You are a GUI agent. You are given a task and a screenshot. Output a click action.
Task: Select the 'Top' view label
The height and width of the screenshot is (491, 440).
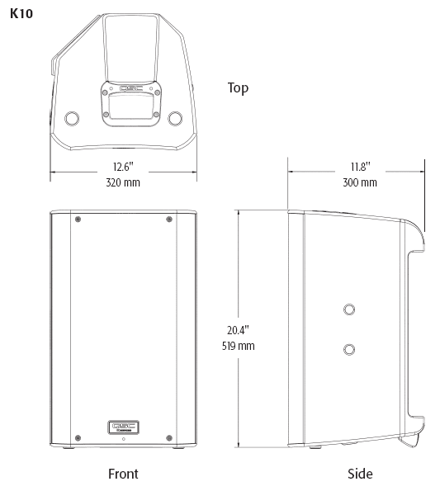(x=238, y=87)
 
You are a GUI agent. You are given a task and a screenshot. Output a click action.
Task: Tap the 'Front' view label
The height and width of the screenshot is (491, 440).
(x=123, y=474)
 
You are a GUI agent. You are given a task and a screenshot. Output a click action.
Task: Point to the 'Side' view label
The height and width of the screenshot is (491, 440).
(x=360, y=474)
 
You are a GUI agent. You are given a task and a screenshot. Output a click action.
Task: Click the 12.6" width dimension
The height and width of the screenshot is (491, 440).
(x=123, y=167)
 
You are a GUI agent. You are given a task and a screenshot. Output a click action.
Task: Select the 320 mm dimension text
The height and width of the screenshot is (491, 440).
(x=123, y=182)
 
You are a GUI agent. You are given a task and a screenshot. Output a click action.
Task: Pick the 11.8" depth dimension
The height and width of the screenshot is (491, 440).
(x=359, y=166)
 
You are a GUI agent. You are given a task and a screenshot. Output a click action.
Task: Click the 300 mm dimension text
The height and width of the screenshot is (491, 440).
(x=359, y=182)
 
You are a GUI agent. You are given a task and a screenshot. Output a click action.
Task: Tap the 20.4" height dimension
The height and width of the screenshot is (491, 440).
(x=238, y=329)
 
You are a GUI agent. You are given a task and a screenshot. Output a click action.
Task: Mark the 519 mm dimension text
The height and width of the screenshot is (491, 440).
(x=238, y=346)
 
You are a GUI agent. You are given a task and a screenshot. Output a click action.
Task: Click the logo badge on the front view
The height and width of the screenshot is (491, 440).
(x=123, y=426)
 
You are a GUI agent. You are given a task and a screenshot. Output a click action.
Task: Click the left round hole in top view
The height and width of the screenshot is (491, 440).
(x=72, y=118)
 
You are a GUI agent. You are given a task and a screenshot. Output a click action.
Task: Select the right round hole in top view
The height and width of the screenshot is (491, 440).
(x=175, y=118)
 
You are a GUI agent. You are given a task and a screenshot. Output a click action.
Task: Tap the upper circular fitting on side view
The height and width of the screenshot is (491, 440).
(x=350, y=309)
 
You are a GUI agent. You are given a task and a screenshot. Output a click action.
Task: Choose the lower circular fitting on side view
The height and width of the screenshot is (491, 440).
(x=350, y=347)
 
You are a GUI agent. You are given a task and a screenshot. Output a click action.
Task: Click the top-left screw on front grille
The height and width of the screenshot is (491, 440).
(x=78, y=219)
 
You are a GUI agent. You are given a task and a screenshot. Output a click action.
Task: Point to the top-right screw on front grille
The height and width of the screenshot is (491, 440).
(x=169, y=219)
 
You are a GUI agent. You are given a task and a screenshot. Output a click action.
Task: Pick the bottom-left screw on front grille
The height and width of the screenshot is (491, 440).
(x=78, y=437)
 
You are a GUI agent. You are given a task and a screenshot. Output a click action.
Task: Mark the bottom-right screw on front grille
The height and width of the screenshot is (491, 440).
(x=169, y=437)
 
